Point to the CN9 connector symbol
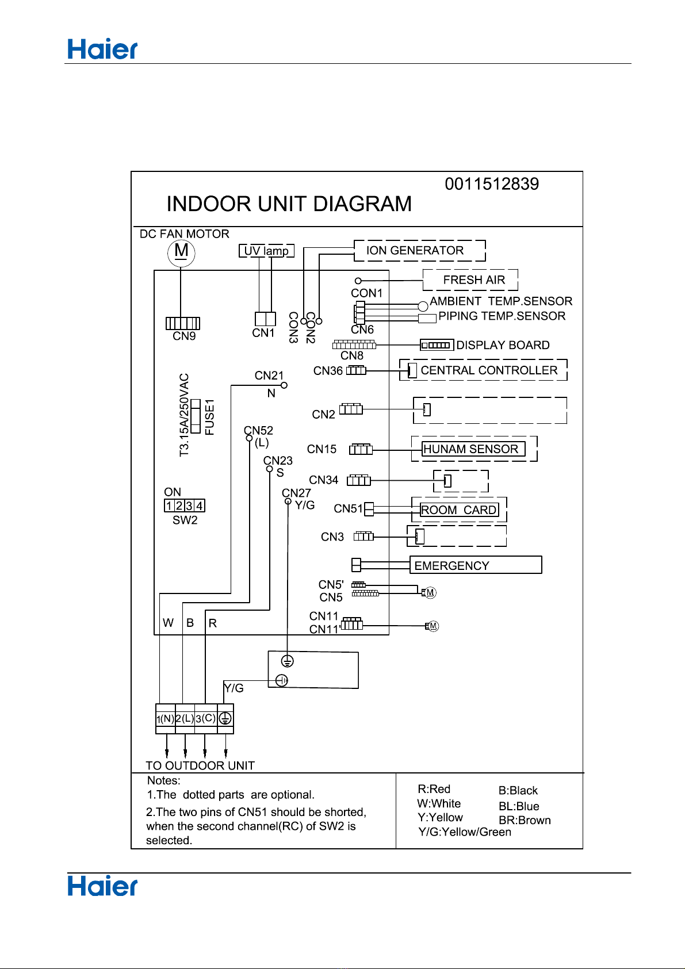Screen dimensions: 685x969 pos(182,323)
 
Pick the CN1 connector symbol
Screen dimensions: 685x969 pos(265,319)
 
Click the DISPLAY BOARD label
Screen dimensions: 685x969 pos(503,345)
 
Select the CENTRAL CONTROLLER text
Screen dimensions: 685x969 pos(489,370)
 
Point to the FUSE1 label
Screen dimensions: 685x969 pos(209,418)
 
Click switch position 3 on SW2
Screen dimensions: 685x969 pos(190,505)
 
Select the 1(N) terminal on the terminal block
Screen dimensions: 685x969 pos(165,718)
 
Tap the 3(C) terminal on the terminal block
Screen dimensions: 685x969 pos(205,718)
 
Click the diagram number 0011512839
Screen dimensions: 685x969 pos(492,184)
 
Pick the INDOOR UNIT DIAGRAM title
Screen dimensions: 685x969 pos(289,204)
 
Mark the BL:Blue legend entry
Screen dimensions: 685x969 pos(519,806)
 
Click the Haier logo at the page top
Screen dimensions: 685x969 pos(102,49)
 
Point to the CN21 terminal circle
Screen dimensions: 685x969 pos(284,385)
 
